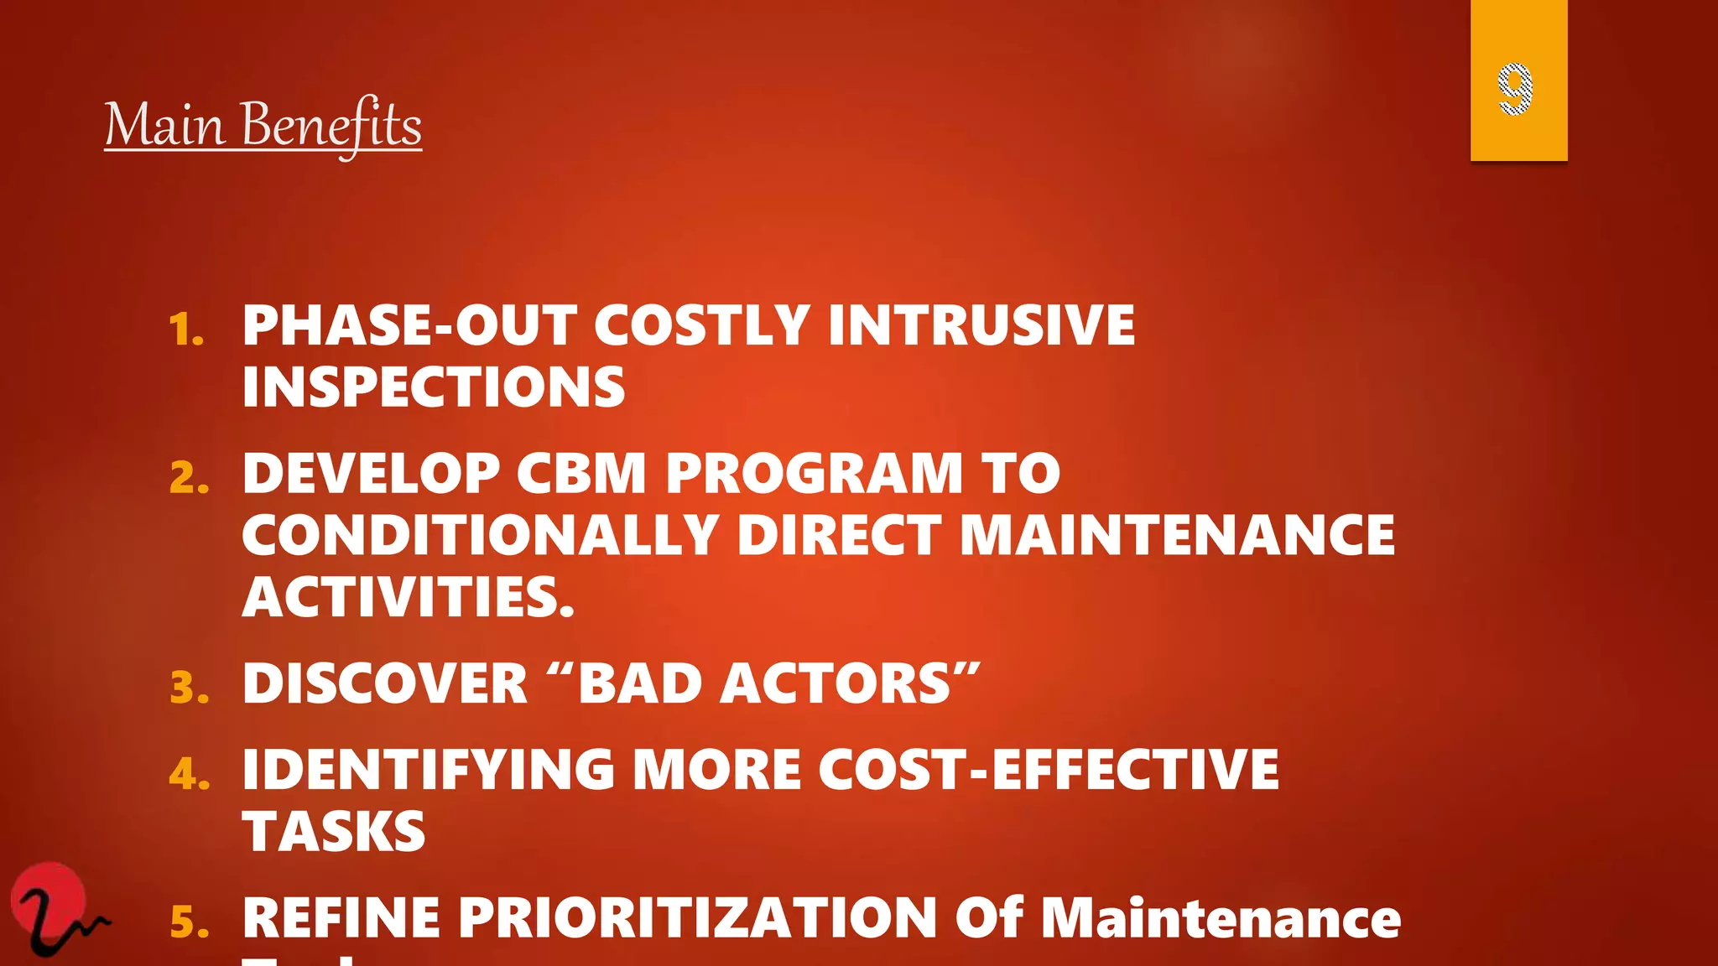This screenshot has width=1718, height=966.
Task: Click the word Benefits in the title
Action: click(x=331, y=126)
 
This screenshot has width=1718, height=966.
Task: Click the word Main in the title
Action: click(x=165, y=126)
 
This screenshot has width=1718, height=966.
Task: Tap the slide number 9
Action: click(x=1515, y=88)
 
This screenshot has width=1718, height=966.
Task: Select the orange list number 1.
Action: click(x=186, y=330)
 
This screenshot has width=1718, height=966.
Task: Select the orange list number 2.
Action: click(x=189, y=479)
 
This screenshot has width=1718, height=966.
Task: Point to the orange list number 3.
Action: click(x=189, y=688)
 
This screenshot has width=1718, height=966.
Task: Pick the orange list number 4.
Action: click(x=189, y=774)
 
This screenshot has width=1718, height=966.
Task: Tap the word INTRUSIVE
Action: click(x=981, y=325)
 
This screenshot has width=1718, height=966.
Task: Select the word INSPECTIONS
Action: click(x=433, y=387)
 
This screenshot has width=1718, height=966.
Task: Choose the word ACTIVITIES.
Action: click(x=408, y=597)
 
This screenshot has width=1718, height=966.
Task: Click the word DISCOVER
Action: click(x=384, y=683)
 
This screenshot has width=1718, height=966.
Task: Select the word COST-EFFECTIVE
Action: click(x=1048, y=769)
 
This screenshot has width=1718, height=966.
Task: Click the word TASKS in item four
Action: click(x=334, y=832)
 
